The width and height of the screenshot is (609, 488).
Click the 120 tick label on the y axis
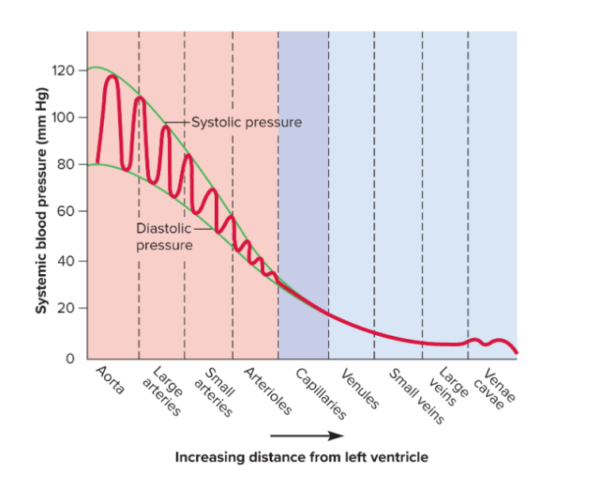click(x=62, y=71)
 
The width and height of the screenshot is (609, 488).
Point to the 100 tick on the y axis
click(x=62, y=117)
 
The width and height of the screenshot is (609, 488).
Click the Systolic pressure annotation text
click(x=246, y=123)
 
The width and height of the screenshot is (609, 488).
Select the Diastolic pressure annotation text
click(x=164, y=236)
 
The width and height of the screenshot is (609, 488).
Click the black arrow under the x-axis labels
click(x=306, y=435)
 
